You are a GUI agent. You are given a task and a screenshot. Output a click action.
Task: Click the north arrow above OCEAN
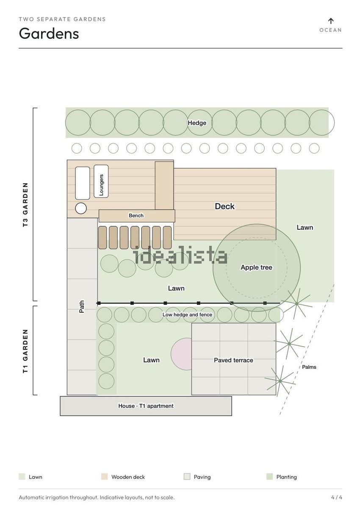point(331,21)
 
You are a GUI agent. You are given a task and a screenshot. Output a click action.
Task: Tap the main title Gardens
point(49,33)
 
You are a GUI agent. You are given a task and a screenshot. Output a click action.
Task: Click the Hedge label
point(197,123)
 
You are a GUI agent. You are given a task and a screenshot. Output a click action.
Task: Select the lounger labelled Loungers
point(101,181)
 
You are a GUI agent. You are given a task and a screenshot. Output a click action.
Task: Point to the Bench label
point(136,215)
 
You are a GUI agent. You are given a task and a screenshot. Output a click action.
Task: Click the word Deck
point(224,206)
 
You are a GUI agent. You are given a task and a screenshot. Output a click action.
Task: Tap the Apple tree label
point(256,267)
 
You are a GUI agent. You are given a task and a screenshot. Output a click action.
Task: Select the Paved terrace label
point(233,360)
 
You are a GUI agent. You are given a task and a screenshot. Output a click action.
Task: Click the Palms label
point(309,367)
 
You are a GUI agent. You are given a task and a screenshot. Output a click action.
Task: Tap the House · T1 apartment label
point(146,406)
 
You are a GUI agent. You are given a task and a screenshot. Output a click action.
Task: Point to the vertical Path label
point(82,306)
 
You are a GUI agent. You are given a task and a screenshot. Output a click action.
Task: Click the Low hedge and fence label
point(187,314)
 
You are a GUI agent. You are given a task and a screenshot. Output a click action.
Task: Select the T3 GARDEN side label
point(25,205)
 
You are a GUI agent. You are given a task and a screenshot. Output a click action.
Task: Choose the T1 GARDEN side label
point(25,351)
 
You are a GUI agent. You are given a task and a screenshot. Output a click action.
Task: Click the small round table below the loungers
point(81,208)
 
